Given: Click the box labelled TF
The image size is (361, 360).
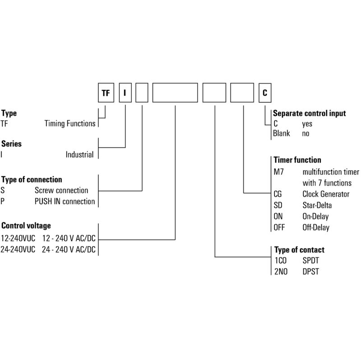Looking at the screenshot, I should (x=106, y=93).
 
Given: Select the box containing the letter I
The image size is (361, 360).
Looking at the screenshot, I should (x=125, y=93).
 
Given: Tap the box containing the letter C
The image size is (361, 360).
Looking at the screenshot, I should (x=265, y=93).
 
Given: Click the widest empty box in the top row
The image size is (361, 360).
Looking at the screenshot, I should (x=175, y=93).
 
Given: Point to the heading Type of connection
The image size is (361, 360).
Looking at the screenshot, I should (x=32, y=179).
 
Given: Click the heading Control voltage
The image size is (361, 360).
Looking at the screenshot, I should (x=26, y=225).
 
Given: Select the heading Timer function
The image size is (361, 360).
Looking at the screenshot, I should (x=297, y=160).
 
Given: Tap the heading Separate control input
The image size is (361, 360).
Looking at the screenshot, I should (x=309, y=113).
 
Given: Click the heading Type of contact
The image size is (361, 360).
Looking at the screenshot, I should (x=299, y=250).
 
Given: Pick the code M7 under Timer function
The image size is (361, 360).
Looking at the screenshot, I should (x=278, y=172).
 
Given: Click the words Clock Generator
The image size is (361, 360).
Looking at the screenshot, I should (x=326, y=194).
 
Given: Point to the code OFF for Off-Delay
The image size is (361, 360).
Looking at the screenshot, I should (x=279, y=228).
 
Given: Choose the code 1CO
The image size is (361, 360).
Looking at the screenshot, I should (x=280, y=261).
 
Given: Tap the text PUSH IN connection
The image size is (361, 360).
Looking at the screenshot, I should (x=65, y=201).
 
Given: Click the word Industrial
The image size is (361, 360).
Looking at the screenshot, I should (x=79, y=154).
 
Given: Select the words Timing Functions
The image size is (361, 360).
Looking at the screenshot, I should (x=70, y=124).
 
